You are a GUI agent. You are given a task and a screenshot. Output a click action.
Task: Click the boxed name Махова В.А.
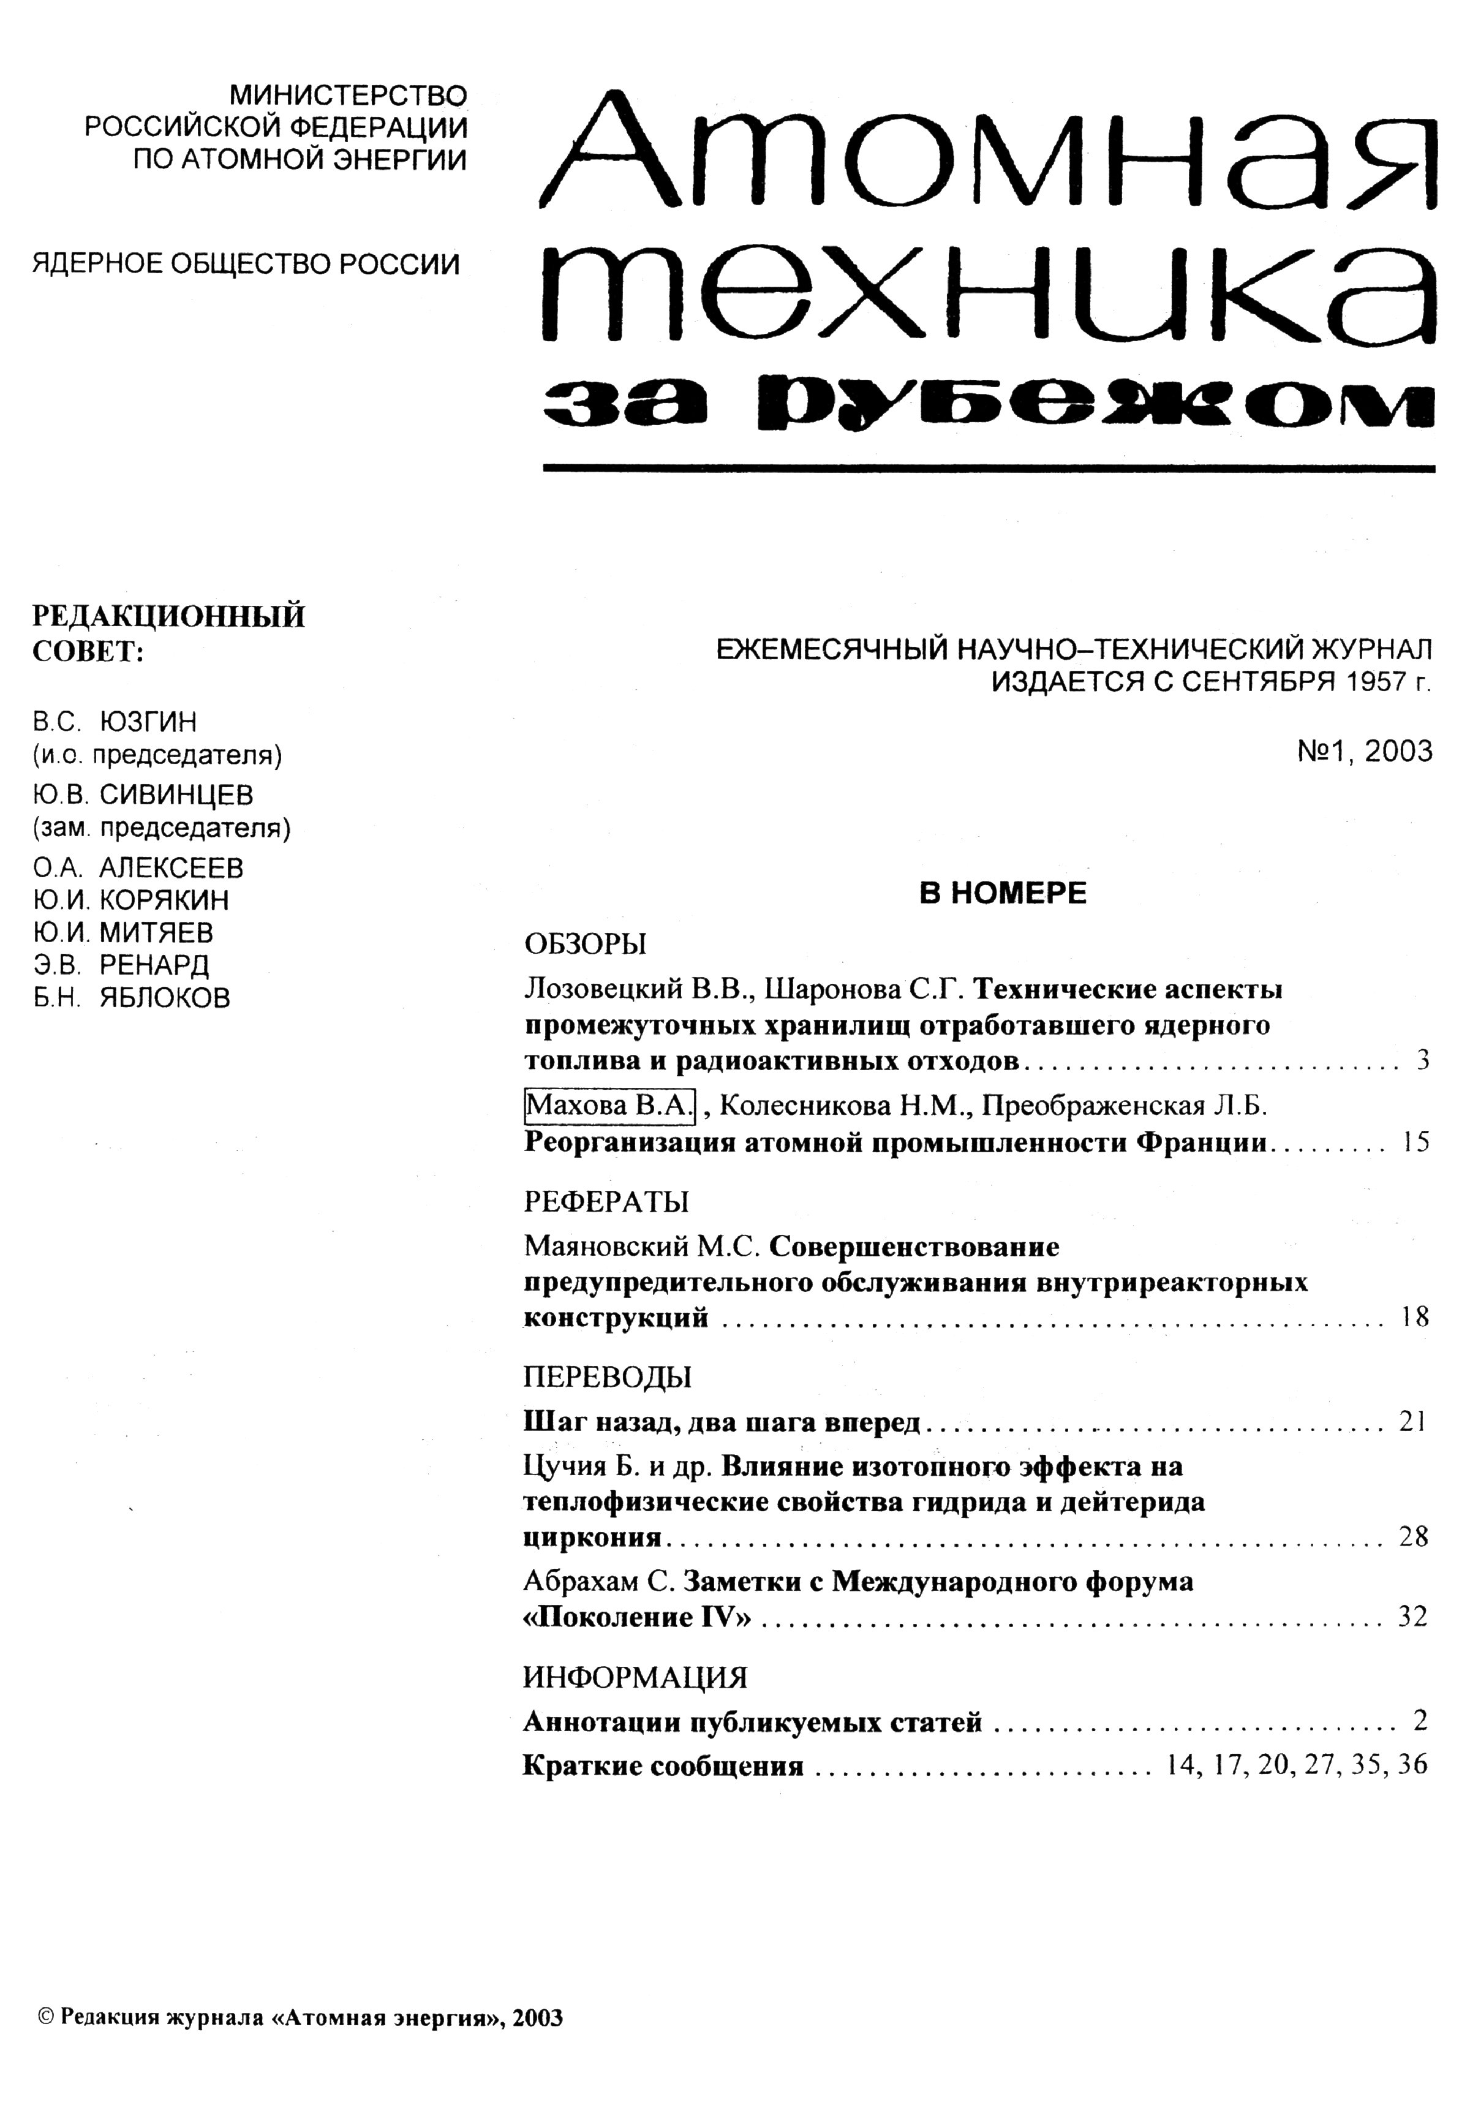(x=608, y=1105)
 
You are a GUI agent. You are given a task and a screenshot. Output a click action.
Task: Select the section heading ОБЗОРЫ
(x=586, y=944)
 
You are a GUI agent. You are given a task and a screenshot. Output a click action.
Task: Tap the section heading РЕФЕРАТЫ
(x=606, y=1201)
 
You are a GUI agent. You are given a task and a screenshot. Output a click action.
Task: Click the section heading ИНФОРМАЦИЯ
(x=635, y=1678)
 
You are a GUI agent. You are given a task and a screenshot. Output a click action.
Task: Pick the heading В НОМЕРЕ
(x=1003, y=893)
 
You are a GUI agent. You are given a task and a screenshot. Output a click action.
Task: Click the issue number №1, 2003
(x=1364, y=751)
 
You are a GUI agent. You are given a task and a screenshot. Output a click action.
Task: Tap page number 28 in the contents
(x=1413, y=1537)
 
